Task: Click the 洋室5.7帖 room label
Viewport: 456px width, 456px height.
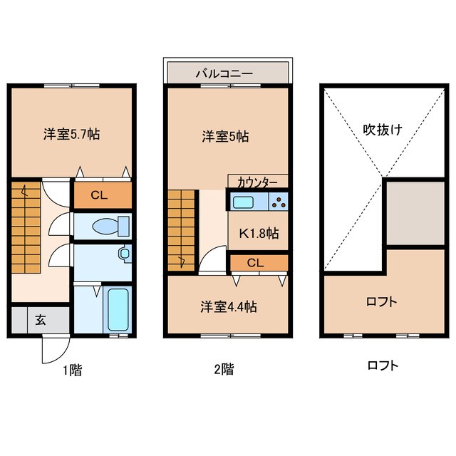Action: click(71, 133)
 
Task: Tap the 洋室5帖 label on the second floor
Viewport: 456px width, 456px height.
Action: click(224, 136)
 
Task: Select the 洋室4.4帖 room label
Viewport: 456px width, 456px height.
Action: click(228, 307)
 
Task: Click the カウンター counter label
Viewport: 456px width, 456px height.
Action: click(257, 182)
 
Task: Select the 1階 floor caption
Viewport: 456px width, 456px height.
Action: click(71, 369)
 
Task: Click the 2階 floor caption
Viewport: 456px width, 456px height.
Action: click(224, 369)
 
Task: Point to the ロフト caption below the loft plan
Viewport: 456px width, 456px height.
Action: click(383, 366)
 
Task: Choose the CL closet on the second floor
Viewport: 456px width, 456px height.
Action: click(256, 263)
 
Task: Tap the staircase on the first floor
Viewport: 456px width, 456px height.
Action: click(26, 229)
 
